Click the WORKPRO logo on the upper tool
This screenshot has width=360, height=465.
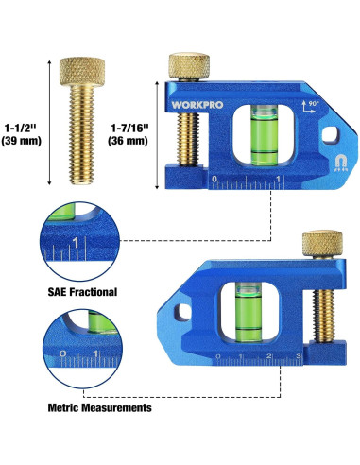tap(197, 105)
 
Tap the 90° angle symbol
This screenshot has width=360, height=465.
tap(309, 106)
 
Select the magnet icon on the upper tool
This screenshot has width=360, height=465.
tap(340, 163)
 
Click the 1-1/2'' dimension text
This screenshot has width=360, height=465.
tap(21, 128)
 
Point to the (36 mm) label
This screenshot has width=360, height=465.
tap(128, 140)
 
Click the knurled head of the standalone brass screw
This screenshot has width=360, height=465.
tap(82, 72)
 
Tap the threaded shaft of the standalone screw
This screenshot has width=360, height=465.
tap(82, 135)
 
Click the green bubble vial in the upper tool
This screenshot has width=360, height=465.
tap(265, 136)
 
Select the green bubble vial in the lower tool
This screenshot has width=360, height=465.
tap(249, 312)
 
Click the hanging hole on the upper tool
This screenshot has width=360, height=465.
tap(331, 134)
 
